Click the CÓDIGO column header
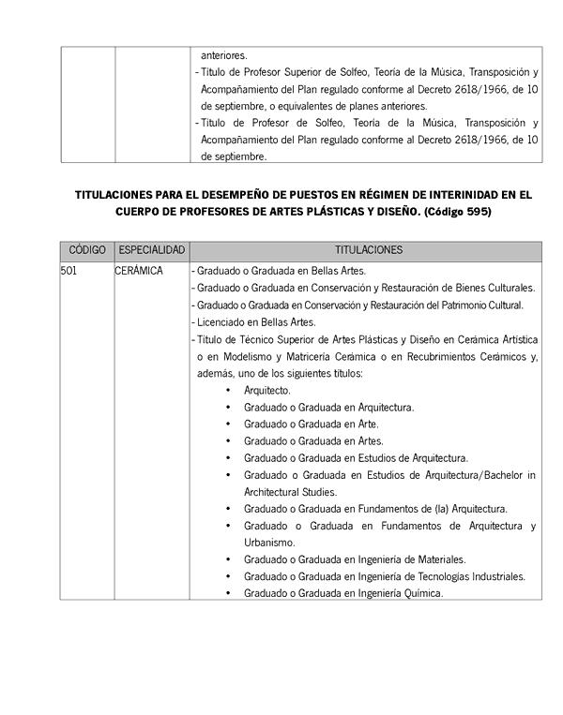[87, 251]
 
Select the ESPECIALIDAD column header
[152, 251]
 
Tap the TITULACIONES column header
[368, 251]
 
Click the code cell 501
[68, 271]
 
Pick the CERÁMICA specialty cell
[139, 271]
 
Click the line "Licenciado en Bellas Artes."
[254, 322]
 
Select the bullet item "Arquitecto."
[267, 390]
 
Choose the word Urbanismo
[269, 543]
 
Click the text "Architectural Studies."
[290, 492]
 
